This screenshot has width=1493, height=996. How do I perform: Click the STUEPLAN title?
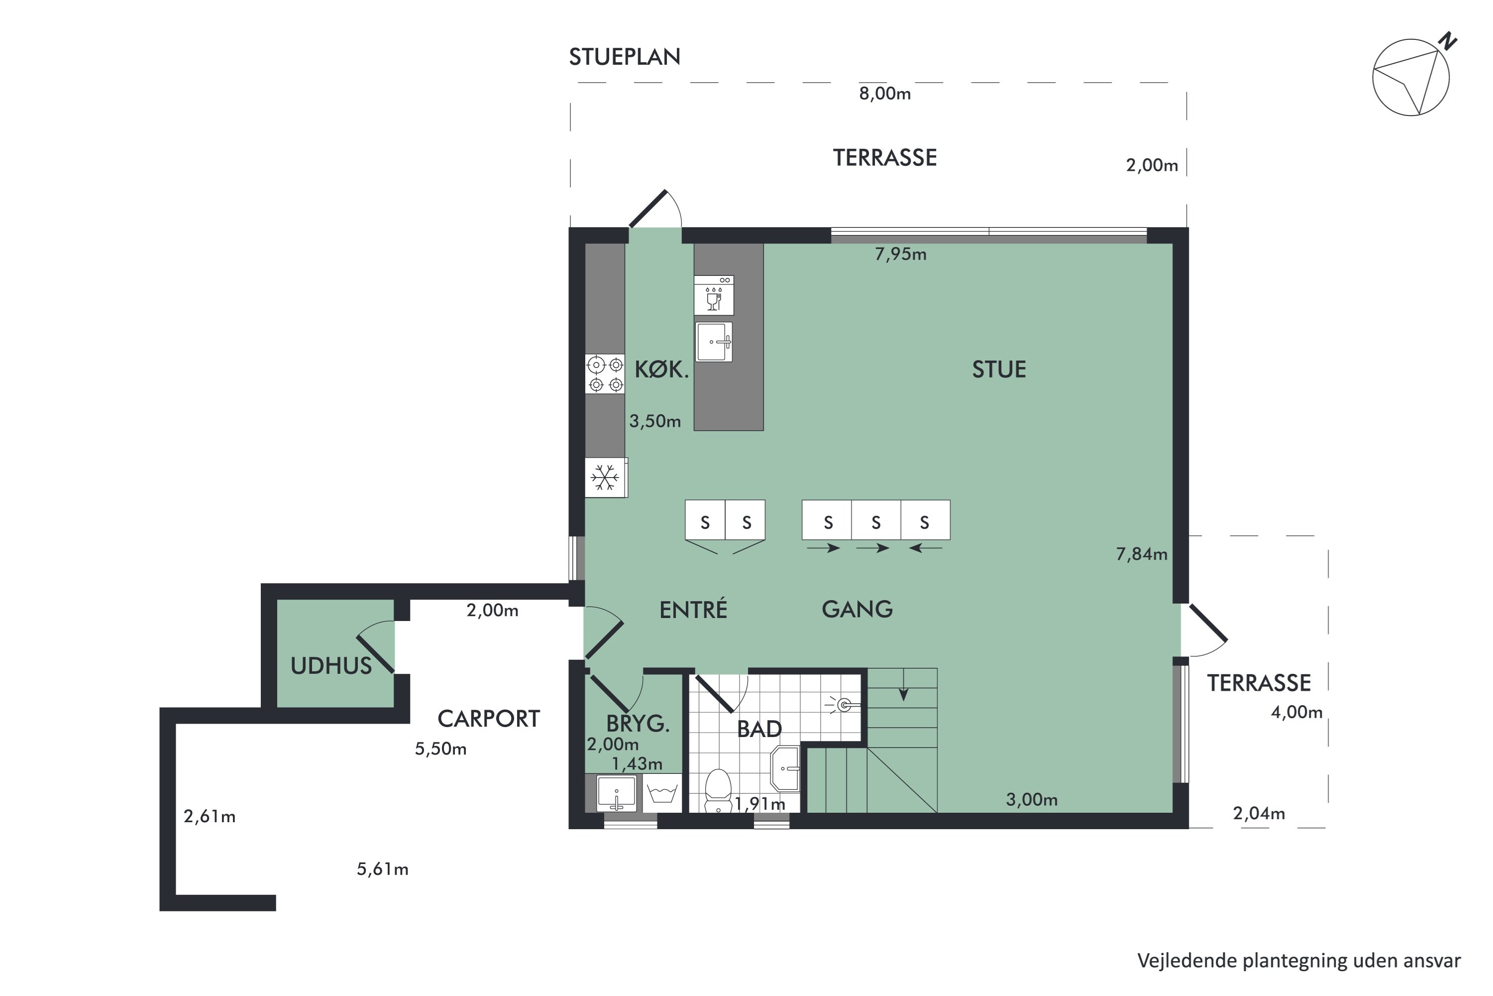625,57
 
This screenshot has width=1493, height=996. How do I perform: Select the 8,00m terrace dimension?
885,94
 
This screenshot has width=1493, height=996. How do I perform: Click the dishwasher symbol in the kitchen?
714,295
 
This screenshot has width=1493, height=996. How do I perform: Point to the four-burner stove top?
606,374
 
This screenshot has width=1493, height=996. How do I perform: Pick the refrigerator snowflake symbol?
605,477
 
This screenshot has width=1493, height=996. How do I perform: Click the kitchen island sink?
714,342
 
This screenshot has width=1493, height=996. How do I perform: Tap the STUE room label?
999,370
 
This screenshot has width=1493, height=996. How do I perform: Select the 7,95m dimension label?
901,254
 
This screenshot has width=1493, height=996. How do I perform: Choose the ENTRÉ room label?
693,610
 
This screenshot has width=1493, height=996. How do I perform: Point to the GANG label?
857,609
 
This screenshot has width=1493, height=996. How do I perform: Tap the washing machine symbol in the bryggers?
661,793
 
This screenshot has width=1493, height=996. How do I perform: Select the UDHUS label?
331,666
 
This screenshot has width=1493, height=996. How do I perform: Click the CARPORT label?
489,719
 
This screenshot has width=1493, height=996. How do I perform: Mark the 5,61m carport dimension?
383,869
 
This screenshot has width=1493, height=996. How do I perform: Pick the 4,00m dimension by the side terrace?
1297,712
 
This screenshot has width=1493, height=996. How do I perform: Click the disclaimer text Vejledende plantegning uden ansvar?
1299,961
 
